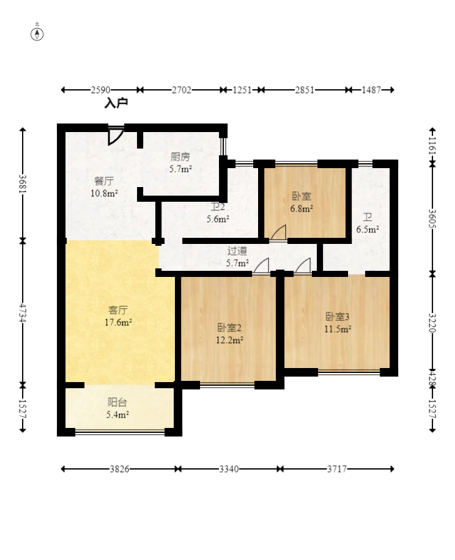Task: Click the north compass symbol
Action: click(x=37, y=34)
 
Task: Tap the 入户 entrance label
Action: click(x=116, y=103)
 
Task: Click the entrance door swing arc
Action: click(x=116, y=136)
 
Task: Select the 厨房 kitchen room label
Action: click(x=180, y=157)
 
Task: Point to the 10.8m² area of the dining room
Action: click(x=105, y=194)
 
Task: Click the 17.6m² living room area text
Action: click(x=118, y=322)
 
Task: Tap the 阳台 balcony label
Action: click(x=117, y=402)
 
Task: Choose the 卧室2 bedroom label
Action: click(x=230, y=328)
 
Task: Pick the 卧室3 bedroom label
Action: click(x=338, y=317)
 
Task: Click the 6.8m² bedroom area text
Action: click(x=301, y=208)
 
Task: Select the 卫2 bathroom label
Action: click(x=218, y=207)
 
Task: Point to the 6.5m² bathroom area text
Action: click(x=368, y=229)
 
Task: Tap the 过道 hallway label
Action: click(x=237, y=251)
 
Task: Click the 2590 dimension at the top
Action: click(x=100, y=90)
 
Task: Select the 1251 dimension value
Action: click(x=242, y=90)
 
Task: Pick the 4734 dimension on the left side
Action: click(x=23, y=313)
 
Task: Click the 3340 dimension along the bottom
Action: click(x=229, y=469)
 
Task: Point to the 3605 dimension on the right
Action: click(x=432, y=219)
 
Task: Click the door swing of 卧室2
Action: click(x=261, y=267)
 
